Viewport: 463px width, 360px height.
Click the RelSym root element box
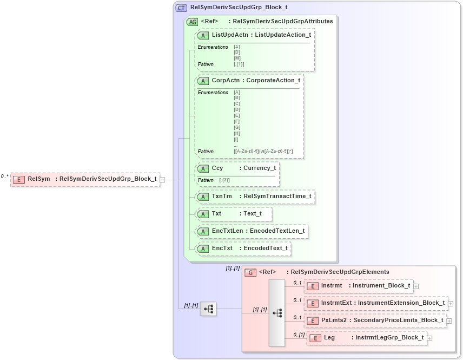pos(85,179)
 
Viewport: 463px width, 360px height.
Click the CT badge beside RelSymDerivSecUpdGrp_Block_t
pos(181,8)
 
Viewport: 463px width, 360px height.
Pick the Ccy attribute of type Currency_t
pos(237,168)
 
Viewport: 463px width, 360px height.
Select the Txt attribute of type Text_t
pos(234,214)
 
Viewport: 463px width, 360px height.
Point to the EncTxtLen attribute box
pos(252,231)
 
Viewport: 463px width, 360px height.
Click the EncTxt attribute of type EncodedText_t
pos(243,248)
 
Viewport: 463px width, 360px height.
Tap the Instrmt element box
pos(359,286)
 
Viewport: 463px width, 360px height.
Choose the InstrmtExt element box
pos(375,303)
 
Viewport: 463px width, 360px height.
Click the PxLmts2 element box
pos(375,320)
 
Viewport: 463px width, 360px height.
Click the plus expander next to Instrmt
pos(416,286)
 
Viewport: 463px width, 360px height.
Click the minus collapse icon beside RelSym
pos(162,180)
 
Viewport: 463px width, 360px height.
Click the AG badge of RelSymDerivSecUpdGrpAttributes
pos(192,22)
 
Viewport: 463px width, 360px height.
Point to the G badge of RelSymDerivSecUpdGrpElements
pos(250,272)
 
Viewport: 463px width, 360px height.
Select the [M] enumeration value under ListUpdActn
pos(237,58)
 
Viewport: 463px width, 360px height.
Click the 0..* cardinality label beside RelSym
pos(5,176)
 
